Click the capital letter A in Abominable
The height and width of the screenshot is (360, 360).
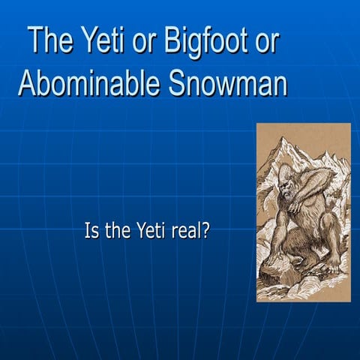(x=26, y=84)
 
